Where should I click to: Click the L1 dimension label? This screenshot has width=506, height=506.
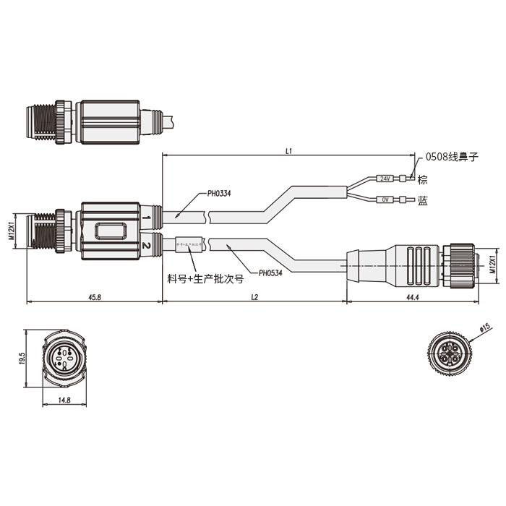point(288,151)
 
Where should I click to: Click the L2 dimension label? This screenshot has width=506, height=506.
point(254,296)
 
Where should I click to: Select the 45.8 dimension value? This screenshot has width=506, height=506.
point(94,296)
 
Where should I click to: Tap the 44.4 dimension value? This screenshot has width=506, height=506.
point(413,296)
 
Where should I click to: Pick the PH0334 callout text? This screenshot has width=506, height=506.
point(220,193)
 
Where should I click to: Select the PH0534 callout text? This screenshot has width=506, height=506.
point(270,273)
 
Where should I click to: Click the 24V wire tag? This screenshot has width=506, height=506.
point(385,179)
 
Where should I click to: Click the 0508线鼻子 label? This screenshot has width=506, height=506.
point(452,155)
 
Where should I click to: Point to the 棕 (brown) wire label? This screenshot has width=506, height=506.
point(423,179)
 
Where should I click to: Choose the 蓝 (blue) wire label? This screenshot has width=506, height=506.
point(423,202)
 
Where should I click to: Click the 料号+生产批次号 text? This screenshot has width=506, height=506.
point(205,277)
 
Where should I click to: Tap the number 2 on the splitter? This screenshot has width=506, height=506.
point(147,246)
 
